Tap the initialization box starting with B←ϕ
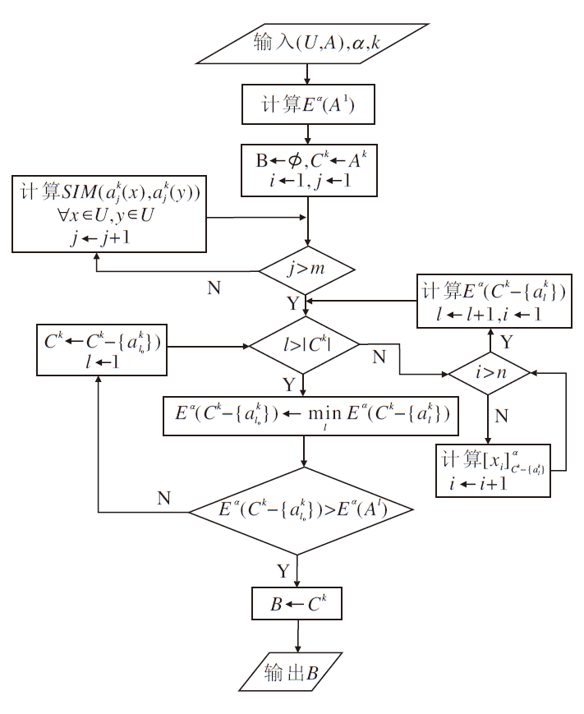coord(307,171)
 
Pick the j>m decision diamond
coord(307,269)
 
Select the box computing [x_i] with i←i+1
coord(492,470)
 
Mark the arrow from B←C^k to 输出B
coord(297,638)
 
